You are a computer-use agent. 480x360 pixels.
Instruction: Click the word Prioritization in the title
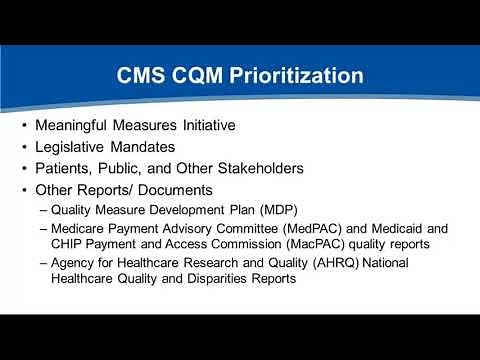(290, 75)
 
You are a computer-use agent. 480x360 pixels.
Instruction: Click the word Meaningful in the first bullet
(74, 127)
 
